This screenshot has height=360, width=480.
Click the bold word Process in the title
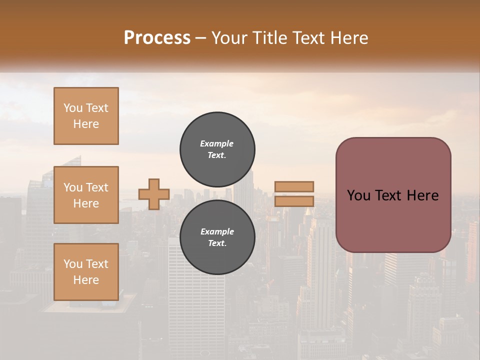pos(157,38)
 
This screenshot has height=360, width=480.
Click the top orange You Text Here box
pos(86,116)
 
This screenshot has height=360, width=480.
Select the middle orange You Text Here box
pos(86,195)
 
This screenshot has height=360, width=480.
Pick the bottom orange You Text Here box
pos(86,272)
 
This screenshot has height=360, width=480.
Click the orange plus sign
pos(154,194)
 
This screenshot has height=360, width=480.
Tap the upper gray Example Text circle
pos(217,149)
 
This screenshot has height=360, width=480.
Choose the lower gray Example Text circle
pos(217,237)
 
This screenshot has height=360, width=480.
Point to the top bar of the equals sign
pos(294,186)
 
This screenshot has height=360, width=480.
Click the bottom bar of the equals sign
pos(294,201)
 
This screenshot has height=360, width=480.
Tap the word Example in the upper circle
pos(217,143)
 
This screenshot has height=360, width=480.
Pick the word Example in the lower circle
pos(217,231)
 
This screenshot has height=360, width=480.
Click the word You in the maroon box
pos(358,195)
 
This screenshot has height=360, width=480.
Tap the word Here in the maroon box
pos(422,195)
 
